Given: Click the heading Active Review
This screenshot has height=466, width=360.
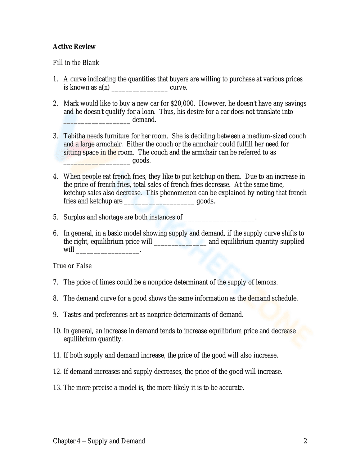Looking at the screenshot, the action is coord(74,46).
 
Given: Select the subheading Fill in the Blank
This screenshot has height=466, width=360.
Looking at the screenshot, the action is coord(76,63).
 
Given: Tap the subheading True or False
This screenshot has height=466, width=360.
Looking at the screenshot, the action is coord(72,266).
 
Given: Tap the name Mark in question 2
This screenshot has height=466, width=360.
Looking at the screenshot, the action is coord(71,103).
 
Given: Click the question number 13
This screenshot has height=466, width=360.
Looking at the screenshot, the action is coord(57,387).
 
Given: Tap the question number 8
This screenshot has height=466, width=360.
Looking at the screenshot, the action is coord(55,298).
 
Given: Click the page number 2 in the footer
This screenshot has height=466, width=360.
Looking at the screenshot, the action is coord(305,441).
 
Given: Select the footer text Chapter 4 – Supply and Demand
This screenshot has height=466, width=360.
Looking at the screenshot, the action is coord(99,441).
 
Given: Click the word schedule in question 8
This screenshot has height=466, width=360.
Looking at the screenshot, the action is coord(284,298).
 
